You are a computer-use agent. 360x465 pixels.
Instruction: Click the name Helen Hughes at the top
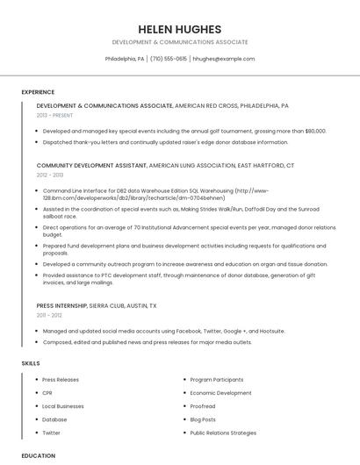point(179,29)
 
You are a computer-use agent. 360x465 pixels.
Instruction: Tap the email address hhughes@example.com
point(223,59)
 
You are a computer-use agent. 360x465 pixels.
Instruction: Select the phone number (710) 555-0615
point(169,59)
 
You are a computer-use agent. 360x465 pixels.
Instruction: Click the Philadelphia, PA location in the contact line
point(125,59)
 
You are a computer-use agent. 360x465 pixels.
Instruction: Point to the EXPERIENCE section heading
point(38,92)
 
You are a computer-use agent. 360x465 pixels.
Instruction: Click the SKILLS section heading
point(30,362)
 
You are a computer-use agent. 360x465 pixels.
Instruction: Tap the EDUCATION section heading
point(38,455)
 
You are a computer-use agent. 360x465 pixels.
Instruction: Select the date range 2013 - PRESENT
point(54,115)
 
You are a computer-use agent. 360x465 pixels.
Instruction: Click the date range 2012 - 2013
point(50,175)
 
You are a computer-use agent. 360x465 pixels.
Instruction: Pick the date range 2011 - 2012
point(49,315)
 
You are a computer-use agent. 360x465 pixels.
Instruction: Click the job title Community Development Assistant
point(91,165)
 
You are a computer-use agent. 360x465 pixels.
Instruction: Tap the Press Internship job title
point(61,305)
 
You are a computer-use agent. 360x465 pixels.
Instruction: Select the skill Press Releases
point(61,379)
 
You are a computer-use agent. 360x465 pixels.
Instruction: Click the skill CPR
point(47,392)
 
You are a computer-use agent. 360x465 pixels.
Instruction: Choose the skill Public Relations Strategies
point(223,433)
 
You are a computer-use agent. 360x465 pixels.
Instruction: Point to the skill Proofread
point(203,406)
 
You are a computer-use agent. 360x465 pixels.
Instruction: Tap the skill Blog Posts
point(203,419)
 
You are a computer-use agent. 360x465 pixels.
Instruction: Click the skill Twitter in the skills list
point(51,433)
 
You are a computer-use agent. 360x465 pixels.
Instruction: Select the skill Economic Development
point(220,392)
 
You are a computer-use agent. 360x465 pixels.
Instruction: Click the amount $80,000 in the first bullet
point(313,131)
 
